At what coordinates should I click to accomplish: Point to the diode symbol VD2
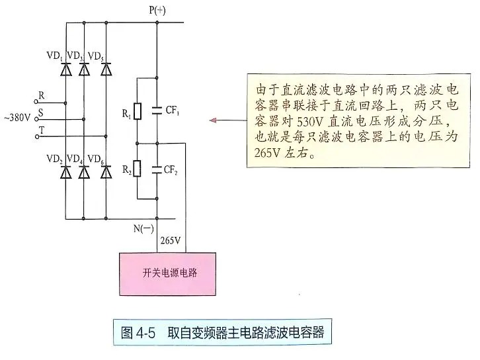[65, 172]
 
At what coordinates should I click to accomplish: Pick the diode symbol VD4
[83, 172]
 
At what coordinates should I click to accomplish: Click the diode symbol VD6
[105, 172]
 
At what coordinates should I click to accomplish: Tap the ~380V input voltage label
[17, 118]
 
